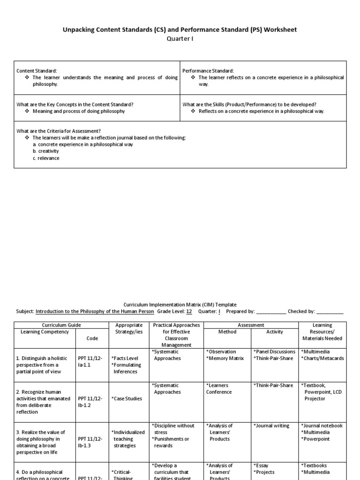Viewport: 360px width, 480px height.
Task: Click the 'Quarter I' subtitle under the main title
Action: coord(180,39)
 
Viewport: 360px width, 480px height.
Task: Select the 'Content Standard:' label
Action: coord(37,71)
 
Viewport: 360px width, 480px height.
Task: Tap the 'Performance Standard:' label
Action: coord(208,71)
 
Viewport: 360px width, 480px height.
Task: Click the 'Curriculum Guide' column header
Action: coord(61,325)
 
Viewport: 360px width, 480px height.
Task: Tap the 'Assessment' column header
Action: coord(251,325)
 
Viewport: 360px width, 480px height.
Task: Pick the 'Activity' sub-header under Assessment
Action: coord(275,332)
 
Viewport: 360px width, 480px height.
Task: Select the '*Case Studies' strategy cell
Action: coord(127,399)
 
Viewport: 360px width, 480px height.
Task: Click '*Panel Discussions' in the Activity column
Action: coord(274,352)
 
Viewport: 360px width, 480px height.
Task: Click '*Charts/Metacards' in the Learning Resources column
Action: coord(322,359)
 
